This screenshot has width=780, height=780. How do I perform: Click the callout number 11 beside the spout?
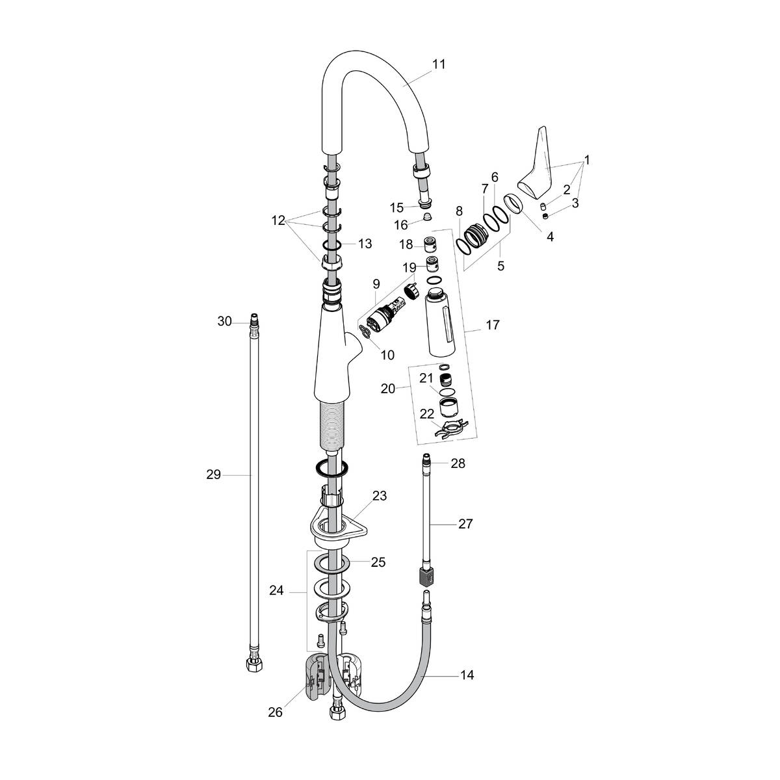tap(439, 64)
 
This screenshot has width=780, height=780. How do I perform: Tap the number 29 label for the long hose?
tap(214, 475)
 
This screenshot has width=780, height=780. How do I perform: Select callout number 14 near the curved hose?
tap(467, 675)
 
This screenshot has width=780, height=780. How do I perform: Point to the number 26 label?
tap(276, 712)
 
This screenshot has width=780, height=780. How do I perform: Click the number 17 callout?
tap(492, 324)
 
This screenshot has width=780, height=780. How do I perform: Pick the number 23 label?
tap(379, 496)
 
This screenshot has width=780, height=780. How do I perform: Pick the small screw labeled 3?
tap(545, 216)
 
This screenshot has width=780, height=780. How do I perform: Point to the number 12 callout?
tap(278, 220)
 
